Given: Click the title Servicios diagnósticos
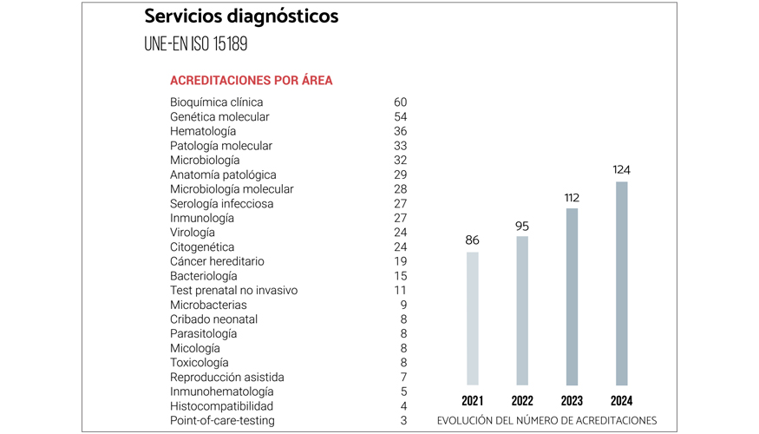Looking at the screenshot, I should pos(241,16).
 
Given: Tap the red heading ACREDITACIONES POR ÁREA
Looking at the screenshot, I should pos(251,81).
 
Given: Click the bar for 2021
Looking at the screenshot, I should pos(473,318).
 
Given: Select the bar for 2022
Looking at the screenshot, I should pos(522,310).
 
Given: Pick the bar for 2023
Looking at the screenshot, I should pos(572,296).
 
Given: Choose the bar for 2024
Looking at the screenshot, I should pos(621,283).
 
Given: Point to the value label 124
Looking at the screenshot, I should pos(621,170).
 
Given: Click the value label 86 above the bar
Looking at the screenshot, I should pos(473,240).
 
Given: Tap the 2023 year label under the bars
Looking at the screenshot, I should pos(572,401).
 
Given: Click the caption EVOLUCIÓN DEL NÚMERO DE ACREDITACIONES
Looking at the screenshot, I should pos(546,420).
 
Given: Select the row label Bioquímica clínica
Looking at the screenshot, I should pos(216,102).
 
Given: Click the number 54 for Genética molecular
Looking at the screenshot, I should pos(400,116).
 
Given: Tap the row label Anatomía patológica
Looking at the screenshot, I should pos(223,174).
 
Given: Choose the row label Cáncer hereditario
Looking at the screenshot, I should pos(217,261).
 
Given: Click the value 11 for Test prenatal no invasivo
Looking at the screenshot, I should pos(401,290).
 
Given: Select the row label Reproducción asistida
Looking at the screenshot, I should pos(226,377).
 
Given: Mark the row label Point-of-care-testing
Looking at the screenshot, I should pos(222,420).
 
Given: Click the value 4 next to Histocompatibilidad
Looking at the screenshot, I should pos(403,406).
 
